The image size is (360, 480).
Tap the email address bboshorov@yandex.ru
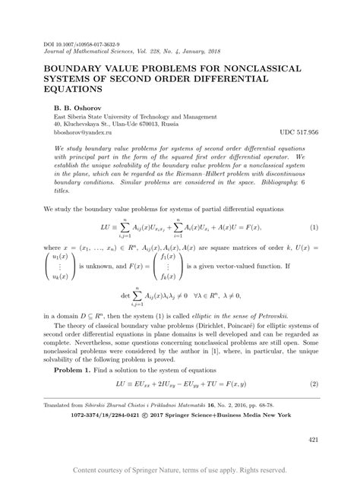click(x=81, y=131)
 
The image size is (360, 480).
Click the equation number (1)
click(x=314, y=228)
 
